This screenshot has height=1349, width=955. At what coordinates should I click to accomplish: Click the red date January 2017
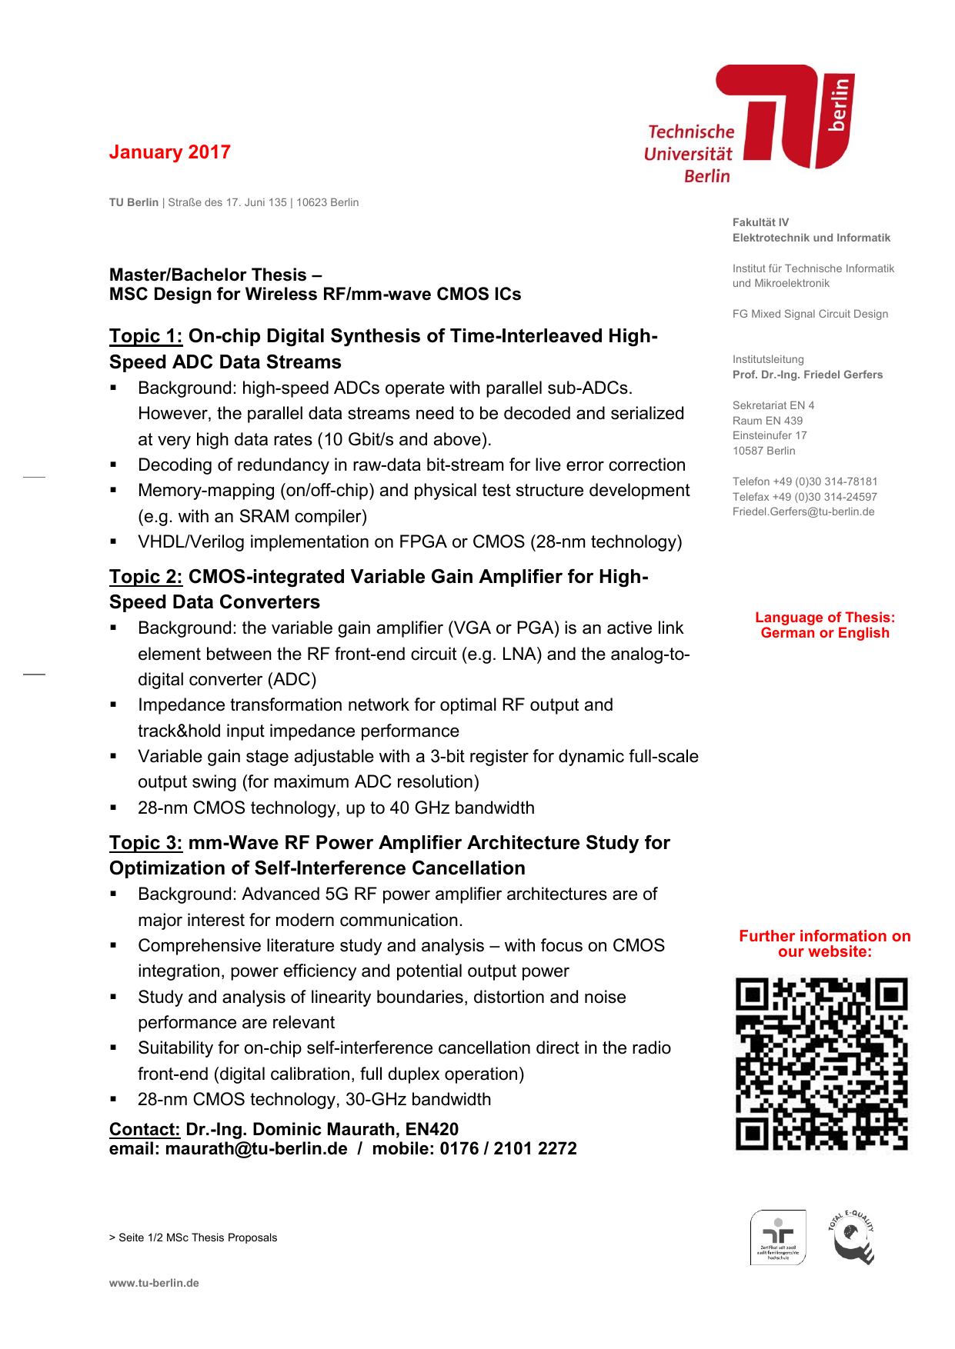(169, 152)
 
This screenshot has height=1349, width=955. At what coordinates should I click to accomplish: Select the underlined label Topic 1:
(145, 336)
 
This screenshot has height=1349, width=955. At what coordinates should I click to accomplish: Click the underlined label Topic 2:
(145, 577)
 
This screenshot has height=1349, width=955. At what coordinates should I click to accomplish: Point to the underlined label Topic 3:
(145, 843)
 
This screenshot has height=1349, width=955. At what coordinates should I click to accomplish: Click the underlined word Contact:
(144, 1129)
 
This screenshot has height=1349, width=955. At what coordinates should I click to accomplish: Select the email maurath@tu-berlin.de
(256, 1148)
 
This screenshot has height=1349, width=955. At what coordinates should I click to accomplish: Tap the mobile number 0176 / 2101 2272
(508, 1148)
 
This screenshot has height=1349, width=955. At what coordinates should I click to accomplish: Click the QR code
(822, 1064)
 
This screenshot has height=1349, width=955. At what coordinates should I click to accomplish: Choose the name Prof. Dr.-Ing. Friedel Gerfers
(807, 375)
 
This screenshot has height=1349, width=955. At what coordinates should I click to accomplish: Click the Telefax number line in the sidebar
(804, 497)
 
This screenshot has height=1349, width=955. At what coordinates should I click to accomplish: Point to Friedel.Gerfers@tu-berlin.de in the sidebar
(803, 511)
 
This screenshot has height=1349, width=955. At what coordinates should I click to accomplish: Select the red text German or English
(824, 633)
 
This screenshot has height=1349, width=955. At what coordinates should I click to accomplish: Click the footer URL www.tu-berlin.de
(154, 1283)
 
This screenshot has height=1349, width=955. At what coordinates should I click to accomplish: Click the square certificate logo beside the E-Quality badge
(778, 1237)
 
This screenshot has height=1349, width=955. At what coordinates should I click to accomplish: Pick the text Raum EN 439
(767, 421)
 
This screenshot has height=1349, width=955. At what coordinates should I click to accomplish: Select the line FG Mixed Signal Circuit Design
(810, 314)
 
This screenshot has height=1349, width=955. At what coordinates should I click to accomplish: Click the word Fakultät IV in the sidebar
(760, 222)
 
